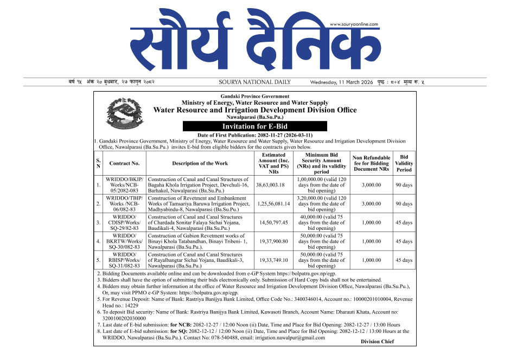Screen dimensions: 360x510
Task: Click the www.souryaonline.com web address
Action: coord(354,24)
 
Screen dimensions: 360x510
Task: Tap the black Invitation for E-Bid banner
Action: coord(255,126)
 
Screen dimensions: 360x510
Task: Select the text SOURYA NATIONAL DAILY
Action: coord(254,82)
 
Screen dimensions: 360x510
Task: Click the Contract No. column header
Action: coord(124,163)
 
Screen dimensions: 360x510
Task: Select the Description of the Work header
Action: coord(200,163)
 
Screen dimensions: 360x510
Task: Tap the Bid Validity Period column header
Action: coord(404,163)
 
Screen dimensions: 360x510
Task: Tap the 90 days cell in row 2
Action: coord(404,204)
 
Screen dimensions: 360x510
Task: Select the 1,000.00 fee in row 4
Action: coord(371,241)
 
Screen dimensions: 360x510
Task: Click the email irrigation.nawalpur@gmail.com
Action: coord(292,338)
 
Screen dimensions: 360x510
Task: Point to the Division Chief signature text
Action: coord(377,342)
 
